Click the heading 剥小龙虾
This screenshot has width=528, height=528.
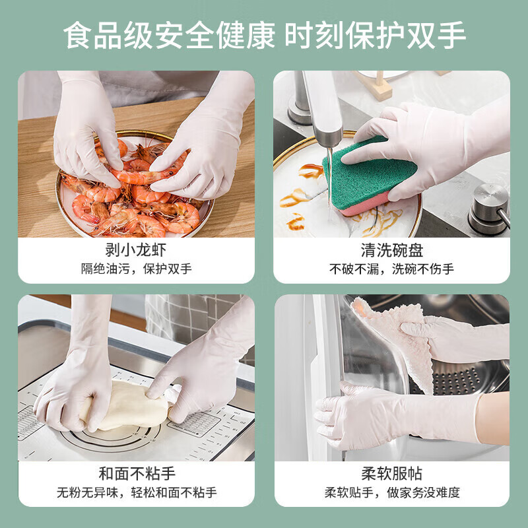(x=136, y=251)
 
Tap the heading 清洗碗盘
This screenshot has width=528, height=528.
(x=391, y=251)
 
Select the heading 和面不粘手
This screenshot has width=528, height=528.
(x=136, y=474)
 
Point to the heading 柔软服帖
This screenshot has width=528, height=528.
(x=391, y=474)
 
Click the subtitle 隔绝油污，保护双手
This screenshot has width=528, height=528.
(x=136, y=269)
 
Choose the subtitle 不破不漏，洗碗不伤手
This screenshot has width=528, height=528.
(x=391, y=269)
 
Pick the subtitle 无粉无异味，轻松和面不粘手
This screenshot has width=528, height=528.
(x=136, y=492)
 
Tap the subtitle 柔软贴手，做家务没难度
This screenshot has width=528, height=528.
(x=391, y=492)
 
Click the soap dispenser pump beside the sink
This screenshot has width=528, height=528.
(x=489, y=208)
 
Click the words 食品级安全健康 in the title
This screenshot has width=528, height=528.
(x=169, y=36)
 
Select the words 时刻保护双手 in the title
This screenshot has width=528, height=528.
(x=376, y=36)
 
